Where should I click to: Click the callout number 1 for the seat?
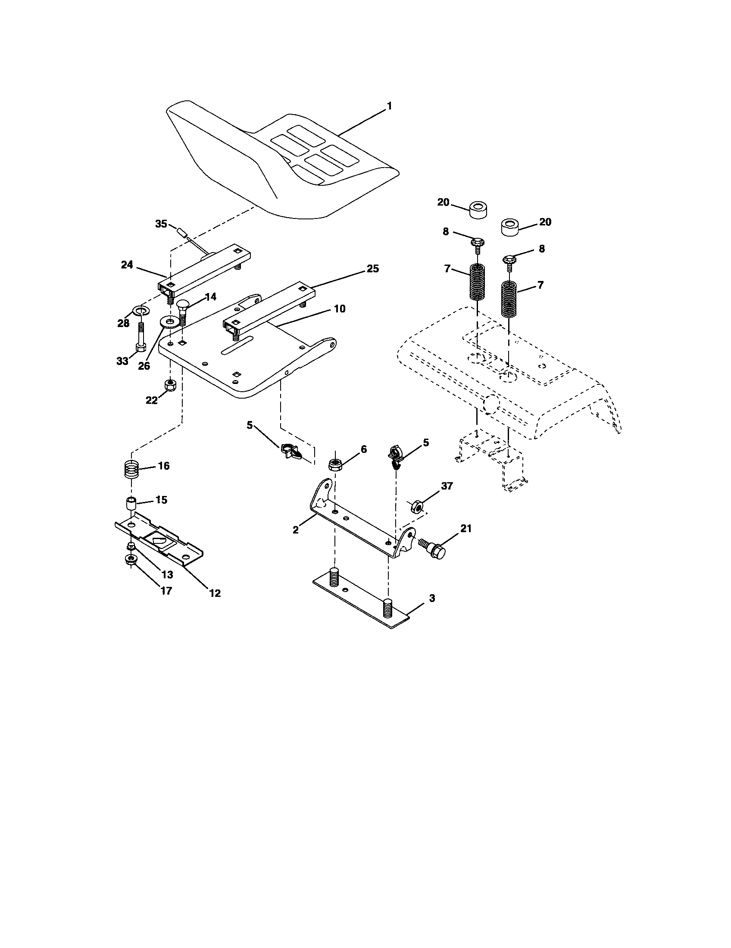click(389, 106)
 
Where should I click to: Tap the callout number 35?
click(161, 224)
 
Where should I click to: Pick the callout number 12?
click(215, 593)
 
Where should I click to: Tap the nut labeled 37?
click(416, 507)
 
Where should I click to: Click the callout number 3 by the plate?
click(432, 598)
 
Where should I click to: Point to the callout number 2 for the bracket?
click(296, 530)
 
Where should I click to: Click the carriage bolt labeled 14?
click(183, 310)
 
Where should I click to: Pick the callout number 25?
click(372, 269)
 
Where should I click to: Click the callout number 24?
click(127, 264)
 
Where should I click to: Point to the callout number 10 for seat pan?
click(340, 309)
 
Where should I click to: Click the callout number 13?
click(167, 574)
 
